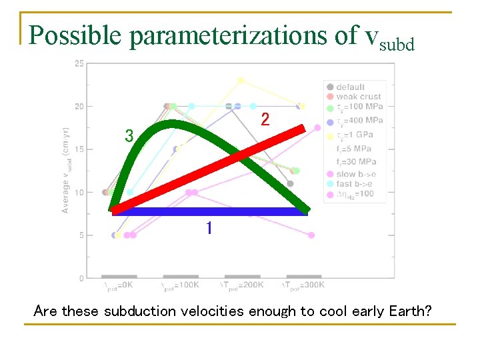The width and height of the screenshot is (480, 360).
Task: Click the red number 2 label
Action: coord(265,120)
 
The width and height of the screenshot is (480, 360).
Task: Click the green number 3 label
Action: coord(129,136)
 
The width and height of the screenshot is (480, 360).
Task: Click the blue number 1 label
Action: coord(209,229)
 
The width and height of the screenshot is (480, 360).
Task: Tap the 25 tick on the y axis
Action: coord(79,63)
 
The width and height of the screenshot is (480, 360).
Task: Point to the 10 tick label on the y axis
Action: coord(79,192)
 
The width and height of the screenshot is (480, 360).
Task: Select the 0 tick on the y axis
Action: coord(81,278)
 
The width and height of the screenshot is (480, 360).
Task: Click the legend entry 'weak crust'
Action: coord(358,97)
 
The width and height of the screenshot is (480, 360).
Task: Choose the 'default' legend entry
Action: coord(350,87)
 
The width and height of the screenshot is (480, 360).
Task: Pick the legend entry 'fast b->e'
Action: coord(354,183)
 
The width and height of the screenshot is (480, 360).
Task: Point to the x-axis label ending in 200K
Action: coord(243,285)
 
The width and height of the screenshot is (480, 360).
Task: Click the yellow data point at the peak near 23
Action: coord(241,81)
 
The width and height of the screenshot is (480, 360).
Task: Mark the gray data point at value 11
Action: coord(290,183)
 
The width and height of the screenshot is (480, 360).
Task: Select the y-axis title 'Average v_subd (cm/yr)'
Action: coord(66,171)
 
